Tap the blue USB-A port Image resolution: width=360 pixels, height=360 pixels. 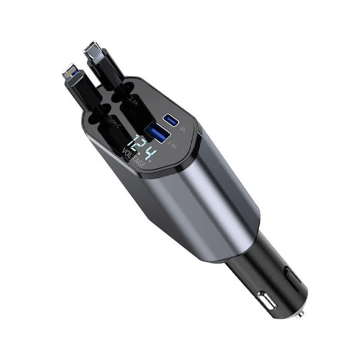[x=155, y=132]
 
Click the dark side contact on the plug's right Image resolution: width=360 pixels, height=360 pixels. [x=291, y=277]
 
